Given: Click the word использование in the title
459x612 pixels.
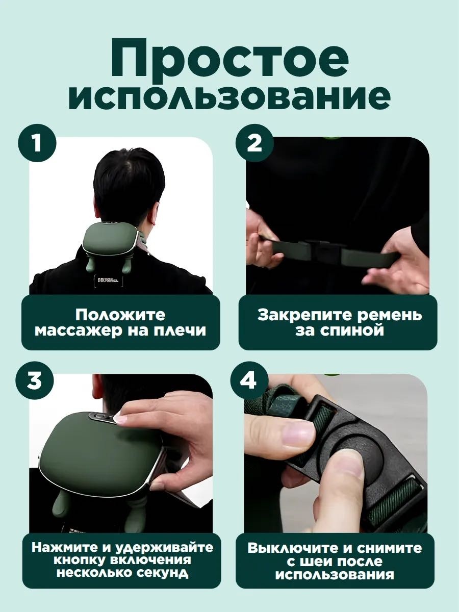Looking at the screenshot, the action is pos(229,97).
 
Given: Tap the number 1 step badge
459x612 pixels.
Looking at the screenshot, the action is pos(37,143).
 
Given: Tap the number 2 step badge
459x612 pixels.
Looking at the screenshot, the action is pos(254,143).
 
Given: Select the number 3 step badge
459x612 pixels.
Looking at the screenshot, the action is pos(35,381).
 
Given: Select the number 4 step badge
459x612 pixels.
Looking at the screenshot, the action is pos(248,381).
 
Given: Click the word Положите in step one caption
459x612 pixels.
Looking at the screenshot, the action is pos(120,315).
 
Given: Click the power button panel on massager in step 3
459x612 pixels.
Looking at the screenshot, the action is pos(103,417).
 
